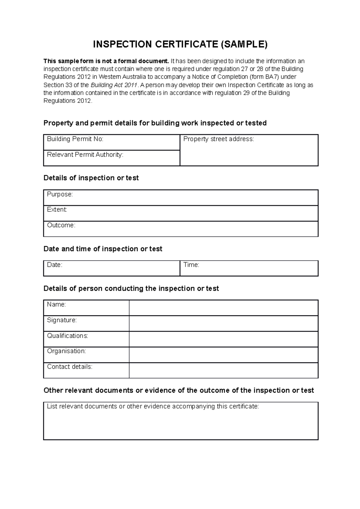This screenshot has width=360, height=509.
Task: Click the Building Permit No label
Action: pyautogui.click(x=75, y=139)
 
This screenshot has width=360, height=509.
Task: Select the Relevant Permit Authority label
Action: pyautogui.click(x=85, y=155)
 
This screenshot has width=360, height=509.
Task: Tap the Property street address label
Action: pyautogui.click(x=218, y=139)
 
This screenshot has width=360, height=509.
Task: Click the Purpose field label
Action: pyautogui.click(x=60, y=194)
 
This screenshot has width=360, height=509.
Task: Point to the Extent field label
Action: pyautogui.click(x=57, y=210)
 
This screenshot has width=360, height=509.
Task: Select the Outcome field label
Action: pyautogui.click(x=61, y=225)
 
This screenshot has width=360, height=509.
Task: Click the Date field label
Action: pyautogui.click(x=55, y=265)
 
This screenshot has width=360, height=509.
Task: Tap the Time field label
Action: pyautogui.click(x=191, y=265)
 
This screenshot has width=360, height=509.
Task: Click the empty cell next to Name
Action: pyautogui.click(x=223, y=308)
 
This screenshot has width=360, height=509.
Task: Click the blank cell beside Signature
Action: pyautogui.click(x=223, y=323)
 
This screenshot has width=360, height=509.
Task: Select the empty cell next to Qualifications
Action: pyautogui.click(x=223, y=339)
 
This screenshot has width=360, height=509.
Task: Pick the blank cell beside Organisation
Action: pyautogui.click(x=223, y=355)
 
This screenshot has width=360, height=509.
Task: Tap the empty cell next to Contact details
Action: pyautogui.click(x=223, y=371)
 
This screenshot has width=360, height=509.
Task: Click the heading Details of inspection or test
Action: pyautogui.click(x=91, y=178)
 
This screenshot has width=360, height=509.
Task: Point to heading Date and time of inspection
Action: pyautogui.click(x=103, y=249)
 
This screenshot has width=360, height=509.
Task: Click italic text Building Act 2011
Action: pyautogui.click(x=114, y=85)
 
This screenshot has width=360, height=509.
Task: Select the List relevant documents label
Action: pyautogui.click(x=153, y=406)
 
